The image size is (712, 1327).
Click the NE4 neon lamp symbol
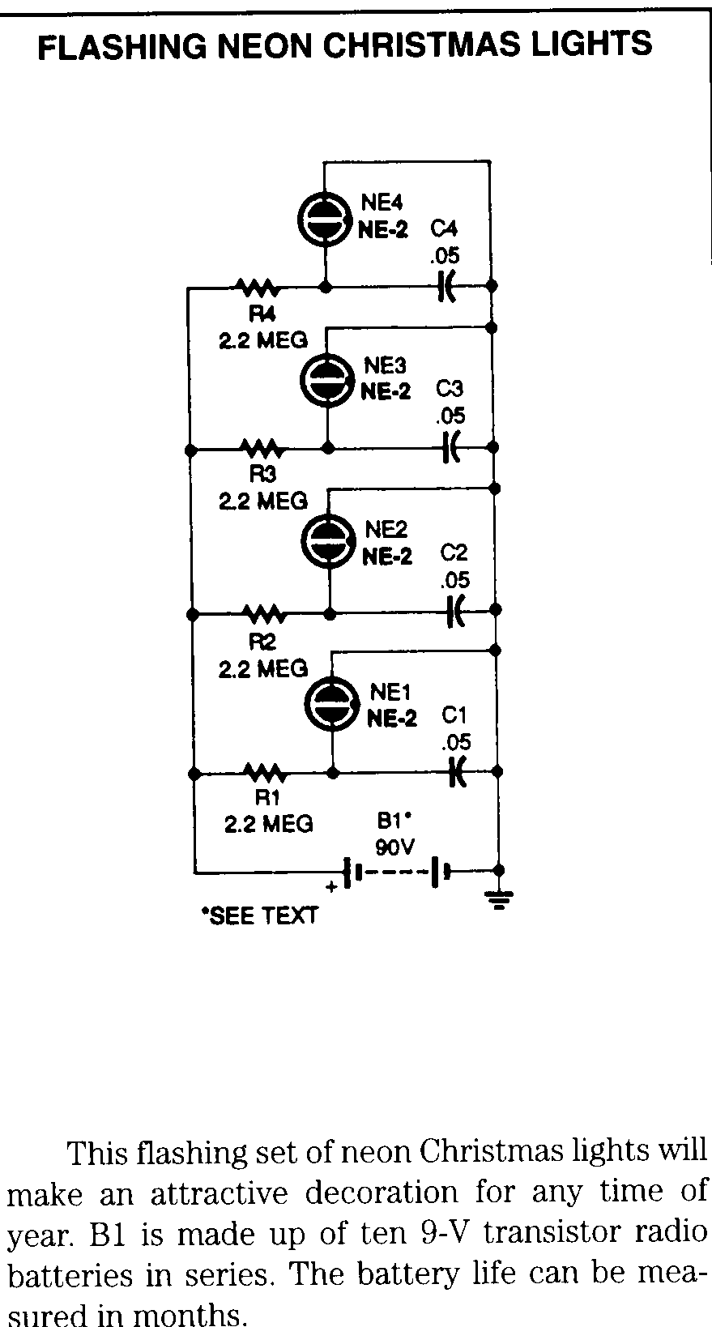pyautogui.click(x=325, y=217)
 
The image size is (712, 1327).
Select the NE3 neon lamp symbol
pyautogui.click(x=327, y=380)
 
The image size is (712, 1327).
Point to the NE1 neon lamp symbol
pyautogui.click(x=332, y=704)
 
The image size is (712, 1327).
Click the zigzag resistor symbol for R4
pyautogui.click(x=258, y=287)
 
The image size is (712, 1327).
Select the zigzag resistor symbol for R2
pyautogui.click(x=264, y=613)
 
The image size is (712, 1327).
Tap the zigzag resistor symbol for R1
pyautogui.click(x=266, y=773)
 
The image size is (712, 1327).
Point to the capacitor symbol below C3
pyautogui.click(x=450, y=446)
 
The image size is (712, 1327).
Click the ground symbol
pyautogui.click(x=499, y=897)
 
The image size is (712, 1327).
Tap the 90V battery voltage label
pyautogui.click(x=394, y=847)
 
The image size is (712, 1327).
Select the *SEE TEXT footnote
pyautogui.click(x=259, y=916)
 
